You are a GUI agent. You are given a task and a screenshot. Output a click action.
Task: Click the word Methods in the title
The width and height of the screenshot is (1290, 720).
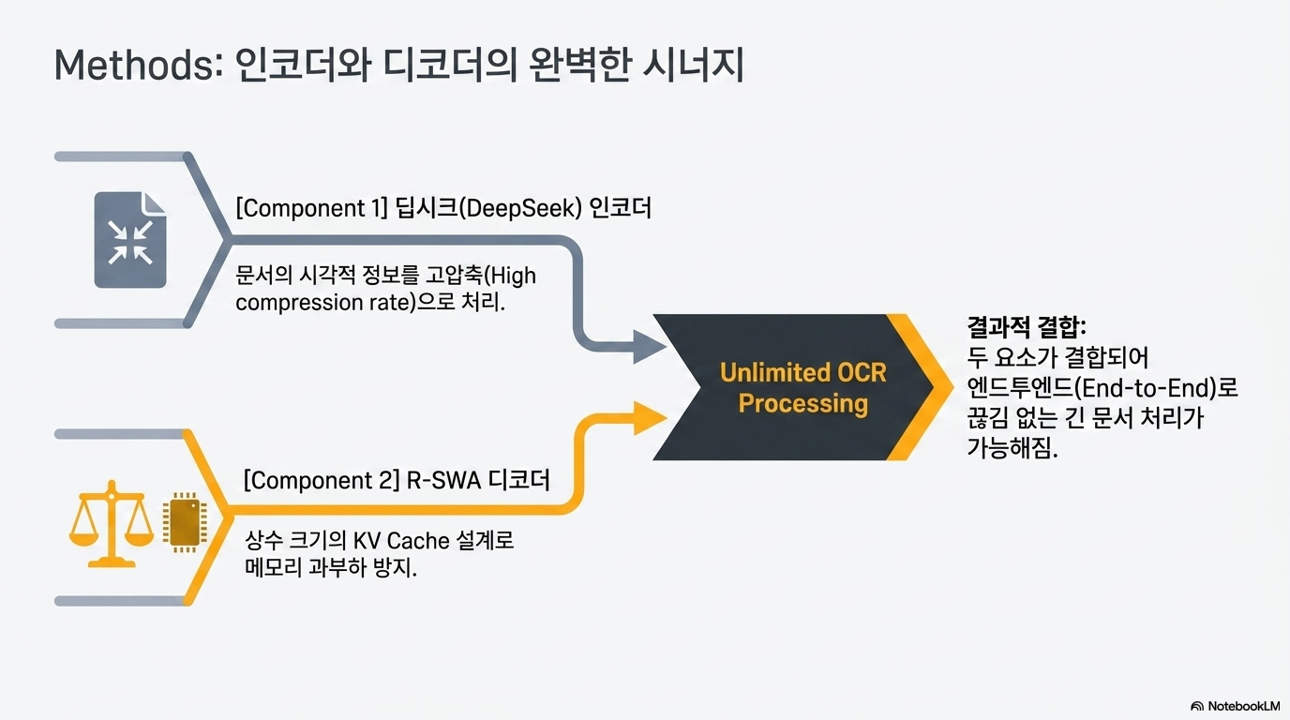tap(134, 65)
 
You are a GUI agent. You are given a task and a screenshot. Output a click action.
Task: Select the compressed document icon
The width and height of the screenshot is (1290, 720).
tap(130, 240)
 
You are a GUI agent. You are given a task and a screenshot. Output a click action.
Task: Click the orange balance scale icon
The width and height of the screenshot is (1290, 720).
tap(112, 523)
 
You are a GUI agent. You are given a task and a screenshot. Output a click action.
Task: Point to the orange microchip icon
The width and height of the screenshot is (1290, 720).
tap(185, 522)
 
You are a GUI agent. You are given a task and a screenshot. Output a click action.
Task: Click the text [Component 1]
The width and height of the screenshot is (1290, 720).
tap(311, 208)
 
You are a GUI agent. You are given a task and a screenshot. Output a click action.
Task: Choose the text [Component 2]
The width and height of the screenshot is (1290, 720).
tap(322, 480)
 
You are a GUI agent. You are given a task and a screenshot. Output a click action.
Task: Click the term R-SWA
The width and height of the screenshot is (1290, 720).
tap(443, 480)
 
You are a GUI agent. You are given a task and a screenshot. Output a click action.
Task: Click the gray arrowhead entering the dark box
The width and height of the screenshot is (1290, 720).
tap(649, 347)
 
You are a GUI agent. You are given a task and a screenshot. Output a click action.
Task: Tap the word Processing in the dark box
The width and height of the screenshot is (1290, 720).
tap(802, 403)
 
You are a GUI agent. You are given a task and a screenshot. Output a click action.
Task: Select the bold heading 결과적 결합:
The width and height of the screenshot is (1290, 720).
tap(1027, 327)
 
